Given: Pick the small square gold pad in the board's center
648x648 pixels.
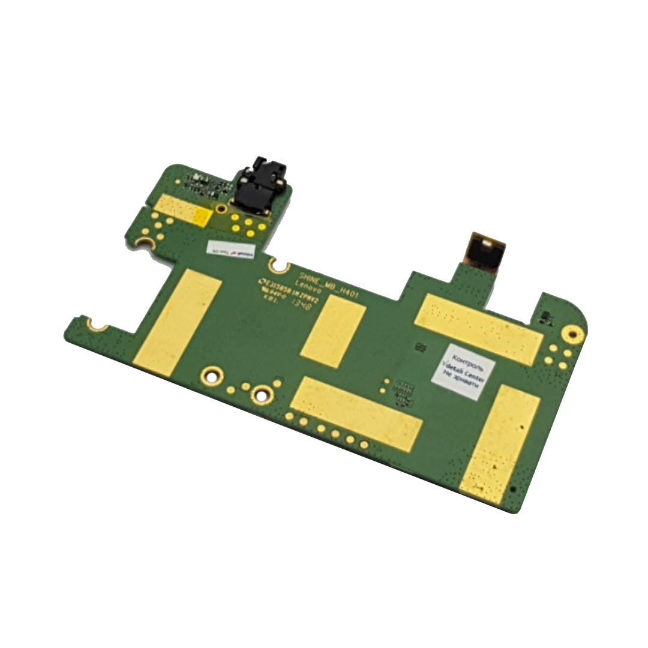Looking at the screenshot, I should (333, 332).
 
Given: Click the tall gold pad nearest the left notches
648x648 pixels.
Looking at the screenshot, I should (178, 323).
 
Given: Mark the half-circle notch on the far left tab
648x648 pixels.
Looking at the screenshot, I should (96, 325).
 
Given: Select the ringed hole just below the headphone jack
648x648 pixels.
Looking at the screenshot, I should (221, 208).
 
